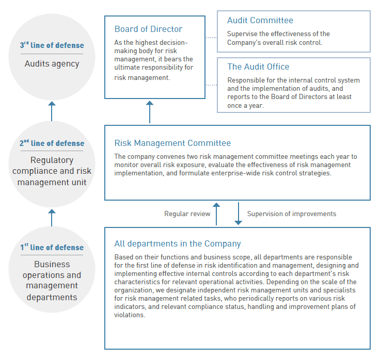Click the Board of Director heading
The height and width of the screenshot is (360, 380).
[x=148, y=29]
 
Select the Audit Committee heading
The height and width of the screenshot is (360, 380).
[x=260, y=21]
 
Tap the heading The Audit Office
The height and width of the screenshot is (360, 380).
[x=258, y=67]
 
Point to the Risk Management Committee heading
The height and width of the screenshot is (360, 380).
[x=172, y=143]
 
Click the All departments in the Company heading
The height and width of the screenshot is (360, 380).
[x=178, y=244]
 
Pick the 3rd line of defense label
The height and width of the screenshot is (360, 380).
[x=52, y=45]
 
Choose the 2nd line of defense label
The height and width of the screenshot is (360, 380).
[x=52, y=143]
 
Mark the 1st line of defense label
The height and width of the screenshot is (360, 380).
[x=52, y=248]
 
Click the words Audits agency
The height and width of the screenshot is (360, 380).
[x=52, y=64]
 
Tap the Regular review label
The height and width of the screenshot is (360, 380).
[x=187, y=214]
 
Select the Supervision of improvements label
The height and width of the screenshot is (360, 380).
[x=291, y=214]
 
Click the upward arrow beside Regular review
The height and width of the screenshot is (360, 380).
[x=217, y=213]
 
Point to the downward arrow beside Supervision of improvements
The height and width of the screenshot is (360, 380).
[x=238, y=213]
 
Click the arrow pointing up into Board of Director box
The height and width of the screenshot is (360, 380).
[x=150, y=111]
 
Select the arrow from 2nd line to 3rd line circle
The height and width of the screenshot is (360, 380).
[x=52, y=110]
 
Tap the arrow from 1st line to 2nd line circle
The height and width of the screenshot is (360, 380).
[x=52, y=217]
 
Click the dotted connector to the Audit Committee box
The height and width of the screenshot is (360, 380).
[x=211, y=38]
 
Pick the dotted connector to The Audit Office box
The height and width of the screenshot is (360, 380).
[x=211, y=85]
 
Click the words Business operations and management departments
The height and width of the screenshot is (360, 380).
[x=52, y=281]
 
